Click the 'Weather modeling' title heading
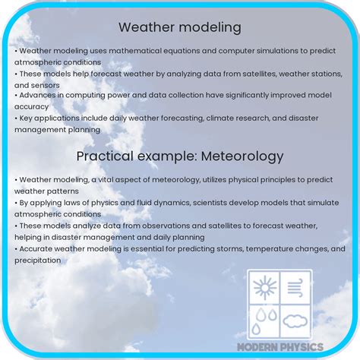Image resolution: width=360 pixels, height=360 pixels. pos(180,27)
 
